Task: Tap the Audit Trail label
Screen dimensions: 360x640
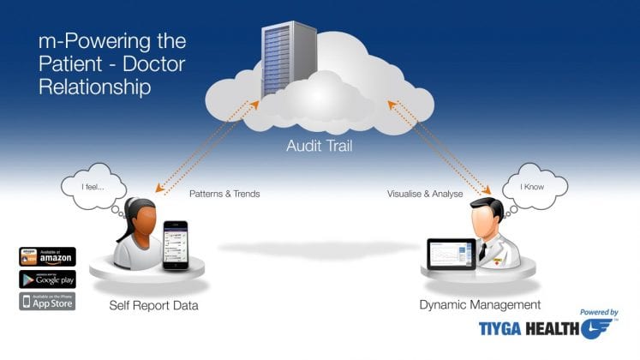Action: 319,147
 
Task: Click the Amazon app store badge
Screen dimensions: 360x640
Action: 47,256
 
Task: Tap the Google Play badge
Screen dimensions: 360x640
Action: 47,279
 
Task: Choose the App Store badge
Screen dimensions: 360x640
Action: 47,301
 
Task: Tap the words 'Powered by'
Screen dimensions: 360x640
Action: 599,313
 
